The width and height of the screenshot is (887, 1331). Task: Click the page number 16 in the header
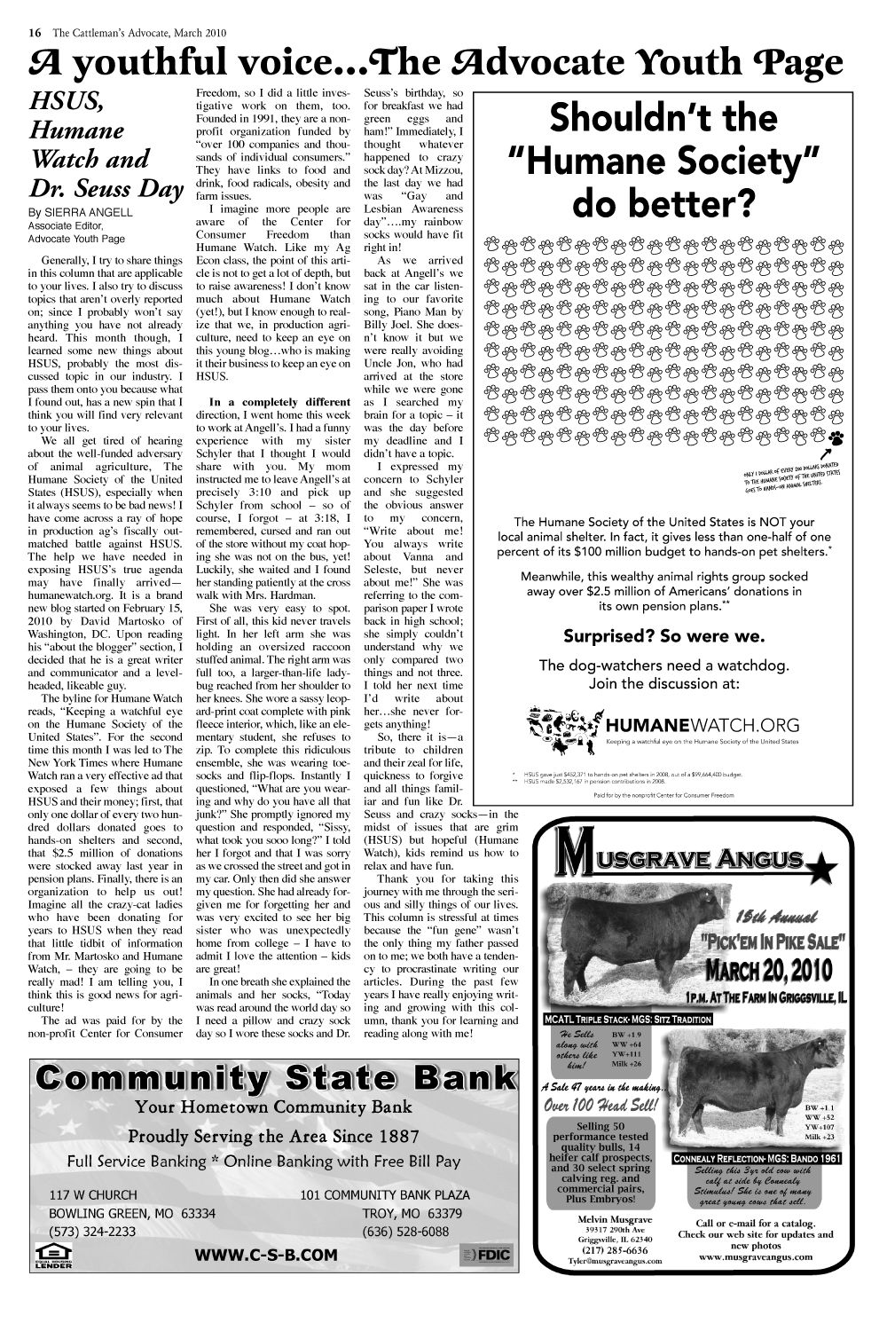click(x=35, y=33)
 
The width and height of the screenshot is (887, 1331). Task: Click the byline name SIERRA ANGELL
click(x=91, y=213)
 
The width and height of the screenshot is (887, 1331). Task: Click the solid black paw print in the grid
click(x=836, y=437)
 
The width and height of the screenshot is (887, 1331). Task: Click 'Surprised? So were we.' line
click(x=663, y=636)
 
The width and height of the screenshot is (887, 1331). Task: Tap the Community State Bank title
click(x=275, y=1078)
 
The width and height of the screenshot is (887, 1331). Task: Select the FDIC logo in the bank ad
click(x=487, y=1255)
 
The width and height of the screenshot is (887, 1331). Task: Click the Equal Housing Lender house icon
click(x=53, y=1256)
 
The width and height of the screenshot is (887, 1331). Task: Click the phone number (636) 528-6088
click(x=405, y=1232)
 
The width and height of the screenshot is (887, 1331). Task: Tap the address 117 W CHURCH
click(x=93, y=1195)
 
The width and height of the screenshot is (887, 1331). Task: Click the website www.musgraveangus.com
click(x=755, y=1256)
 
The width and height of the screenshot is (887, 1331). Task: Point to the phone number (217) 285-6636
click(x=614, y=1250)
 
